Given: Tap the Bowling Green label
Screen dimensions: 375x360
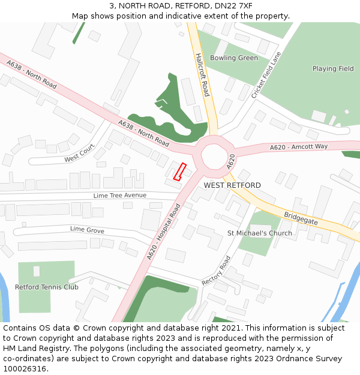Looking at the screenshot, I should click(234, 58).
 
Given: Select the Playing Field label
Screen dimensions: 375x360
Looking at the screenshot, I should click(333, 69).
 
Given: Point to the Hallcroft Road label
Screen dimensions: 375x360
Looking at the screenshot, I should click(202, 74).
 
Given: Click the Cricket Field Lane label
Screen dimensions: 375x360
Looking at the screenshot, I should click(266, 76).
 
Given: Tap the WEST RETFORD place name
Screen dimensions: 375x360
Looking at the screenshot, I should click(232, 185).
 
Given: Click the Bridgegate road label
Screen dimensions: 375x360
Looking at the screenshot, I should click(301, 217).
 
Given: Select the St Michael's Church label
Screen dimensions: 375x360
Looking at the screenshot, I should click(259, 233).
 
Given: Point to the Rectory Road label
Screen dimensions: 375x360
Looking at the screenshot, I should click(216, 271).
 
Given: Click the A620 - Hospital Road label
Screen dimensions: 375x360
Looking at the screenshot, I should click(164, 232).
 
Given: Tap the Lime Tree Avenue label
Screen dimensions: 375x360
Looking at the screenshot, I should click(120, 196).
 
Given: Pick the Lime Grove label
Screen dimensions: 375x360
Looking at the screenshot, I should click(87, 230).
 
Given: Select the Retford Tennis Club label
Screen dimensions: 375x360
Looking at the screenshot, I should click(47, 287).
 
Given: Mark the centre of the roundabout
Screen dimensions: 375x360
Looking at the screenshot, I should click(214, 155).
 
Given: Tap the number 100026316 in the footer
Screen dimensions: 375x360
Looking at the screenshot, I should click(25, 369).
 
